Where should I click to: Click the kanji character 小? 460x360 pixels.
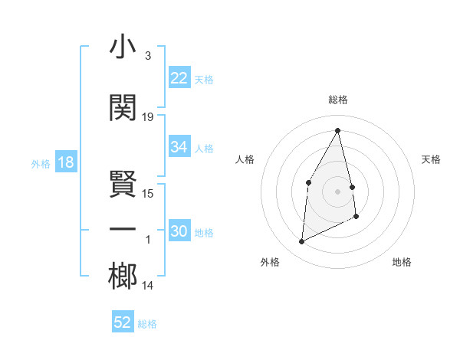coord(123,47)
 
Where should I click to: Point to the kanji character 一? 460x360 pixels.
coord(123,229)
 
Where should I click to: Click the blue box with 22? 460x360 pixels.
coord(179,78)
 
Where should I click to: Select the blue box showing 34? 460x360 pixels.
coord(179,147)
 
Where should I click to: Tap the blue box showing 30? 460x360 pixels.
coord(179,232)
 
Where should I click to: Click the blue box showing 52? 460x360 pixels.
coord(123,322)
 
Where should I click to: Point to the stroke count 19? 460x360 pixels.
coord(148,117)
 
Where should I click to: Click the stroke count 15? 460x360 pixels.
coord(148,193)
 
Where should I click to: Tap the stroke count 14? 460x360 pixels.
coord(148,286)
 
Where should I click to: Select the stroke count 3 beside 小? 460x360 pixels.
coord(148,56)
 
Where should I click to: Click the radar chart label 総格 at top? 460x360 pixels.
coord(338,100)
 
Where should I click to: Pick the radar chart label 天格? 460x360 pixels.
coord(432,159)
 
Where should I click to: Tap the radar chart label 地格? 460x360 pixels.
coord(402,262)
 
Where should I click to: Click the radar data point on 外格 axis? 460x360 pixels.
coord(301,242)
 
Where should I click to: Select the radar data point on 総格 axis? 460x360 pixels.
coord(338,130)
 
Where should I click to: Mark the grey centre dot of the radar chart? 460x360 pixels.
coord(338,191)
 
